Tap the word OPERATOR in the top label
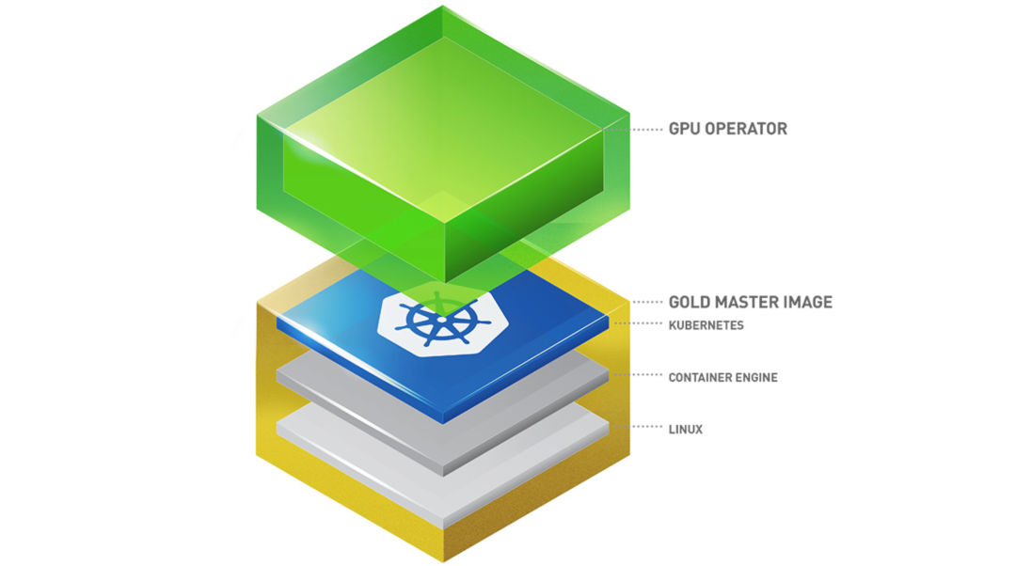(748, 129)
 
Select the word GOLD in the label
(691, 302)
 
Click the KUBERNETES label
(706, 325)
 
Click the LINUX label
(685, 430)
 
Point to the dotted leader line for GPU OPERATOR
(647, 129)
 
